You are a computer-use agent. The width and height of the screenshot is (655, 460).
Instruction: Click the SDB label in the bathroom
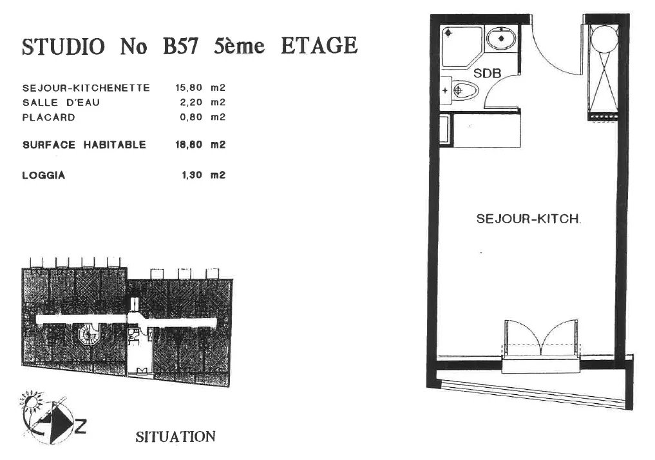(x=487, y=74)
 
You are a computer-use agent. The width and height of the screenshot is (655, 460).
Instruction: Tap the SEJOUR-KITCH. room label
(x=528, y=219)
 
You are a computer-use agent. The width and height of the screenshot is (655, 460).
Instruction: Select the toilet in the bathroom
(x=459, y=90)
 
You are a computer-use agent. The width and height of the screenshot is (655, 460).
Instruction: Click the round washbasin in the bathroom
(x=500, y=37)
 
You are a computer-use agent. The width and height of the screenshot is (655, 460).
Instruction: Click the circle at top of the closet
(x=604, y=38)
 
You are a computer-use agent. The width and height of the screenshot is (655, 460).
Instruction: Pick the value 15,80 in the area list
(x=189, y=88)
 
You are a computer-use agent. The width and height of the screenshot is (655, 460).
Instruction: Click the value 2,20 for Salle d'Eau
(x=191, y=103)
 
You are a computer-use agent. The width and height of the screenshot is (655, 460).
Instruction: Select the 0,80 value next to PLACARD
(x=191, y=117)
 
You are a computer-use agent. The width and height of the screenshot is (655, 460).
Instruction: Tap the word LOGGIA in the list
(x=44, y=175)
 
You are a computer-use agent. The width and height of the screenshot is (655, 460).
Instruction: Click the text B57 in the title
(x=180, y=46)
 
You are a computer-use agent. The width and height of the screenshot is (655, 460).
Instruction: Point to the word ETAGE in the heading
(x=319, y=46)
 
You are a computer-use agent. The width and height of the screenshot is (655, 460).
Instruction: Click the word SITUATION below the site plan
(x=175, y=437)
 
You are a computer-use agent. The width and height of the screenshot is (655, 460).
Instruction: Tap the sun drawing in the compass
(x=30, y=403)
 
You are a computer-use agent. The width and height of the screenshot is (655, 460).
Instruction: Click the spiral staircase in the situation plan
(x=88, y=334)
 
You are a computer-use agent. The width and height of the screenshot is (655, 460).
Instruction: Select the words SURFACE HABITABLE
(x=84, y=145)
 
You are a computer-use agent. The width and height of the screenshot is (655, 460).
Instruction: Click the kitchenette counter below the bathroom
(x=480, y=130)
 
